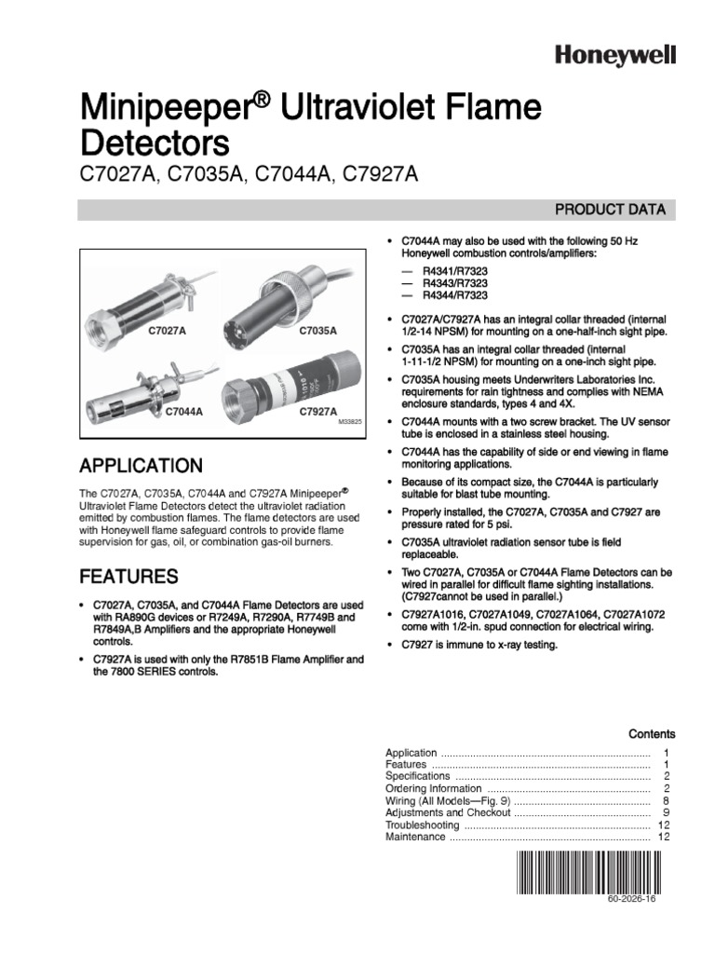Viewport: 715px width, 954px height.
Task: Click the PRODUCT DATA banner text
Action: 610,210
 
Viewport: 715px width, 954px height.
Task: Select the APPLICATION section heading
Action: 142,465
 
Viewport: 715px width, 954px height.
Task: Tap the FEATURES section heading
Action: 128,575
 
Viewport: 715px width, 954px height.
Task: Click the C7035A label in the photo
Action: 317,331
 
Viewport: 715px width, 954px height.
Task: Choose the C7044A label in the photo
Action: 185,410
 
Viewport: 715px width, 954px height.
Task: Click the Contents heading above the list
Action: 652,734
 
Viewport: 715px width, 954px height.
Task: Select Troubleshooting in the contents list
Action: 422,825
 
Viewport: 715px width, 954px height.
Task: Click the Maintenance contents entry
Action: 415,837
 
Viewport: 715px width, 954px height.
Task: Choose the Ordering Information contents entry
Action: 432,788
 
